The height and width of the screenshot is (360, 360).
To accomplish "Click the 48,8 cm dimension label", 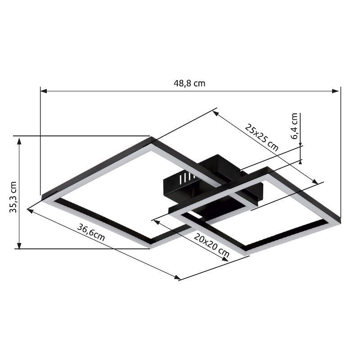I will point(189,83).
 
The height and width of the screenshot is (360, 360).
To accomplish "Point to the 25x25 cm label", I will point(261,137).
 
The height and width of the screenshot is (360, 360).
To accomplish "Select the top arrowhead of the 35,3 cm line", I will point(19,140).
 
